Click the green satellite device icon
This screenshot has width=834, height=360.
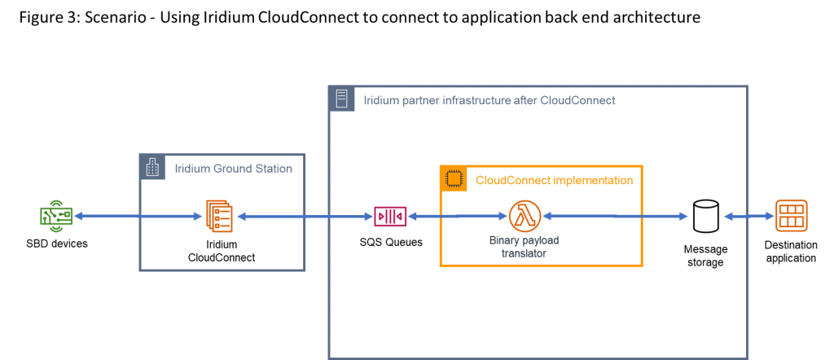pos(56,216)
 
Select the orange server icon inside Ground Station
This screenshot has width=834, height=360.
pos(219,216)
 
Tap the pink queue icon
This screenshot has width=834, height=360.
pos(390,216)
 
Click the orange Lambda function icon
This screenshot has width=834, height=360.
pos(525,216)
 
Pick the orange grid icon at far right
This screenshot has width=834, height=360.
pos(791,216)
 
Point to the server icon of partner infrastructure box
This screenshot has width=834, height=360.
pos(342,99)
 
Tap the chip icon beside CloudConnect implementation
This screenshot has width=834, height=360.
pos(453,179)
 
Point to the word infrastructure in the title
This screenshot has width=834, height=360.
pos(476,101)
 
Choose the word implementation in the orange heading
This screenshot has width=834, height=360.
pos(593,180)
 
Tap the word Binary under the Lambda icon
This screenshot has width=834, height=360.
pos(503,241)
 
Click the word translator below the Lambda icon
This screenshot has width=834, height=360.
pos(524,253)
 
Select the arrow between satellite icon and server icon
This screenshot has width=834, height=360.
pos(138,216)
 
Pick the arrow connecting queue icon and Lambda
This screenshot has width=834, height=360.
pos(457,216)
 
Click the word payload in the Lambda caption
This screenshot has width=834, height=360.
pos(541,241)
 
